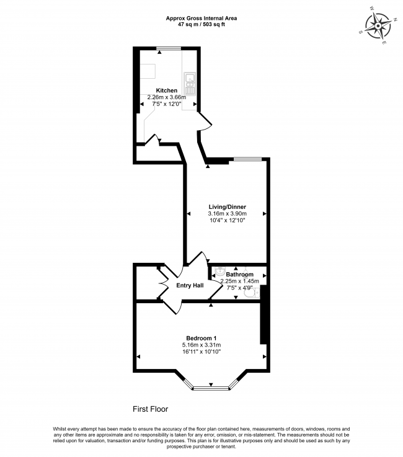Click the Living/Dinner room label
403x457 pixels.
pyautogui.click(x=227, y=208)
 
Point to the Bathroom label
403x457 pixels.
pyautogui.click(x=239, y=274)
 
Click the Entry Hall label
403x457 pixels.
pyautogui.click(x=190, y=285)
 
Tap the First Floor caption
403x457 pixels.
pyautogui.click(x=151, y=409)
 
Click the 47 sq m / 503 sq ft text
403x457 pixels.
pyautogui.click(x=201, y=24)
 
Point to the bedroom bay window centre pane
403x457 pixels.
pyautogui.click(x=211, y=389)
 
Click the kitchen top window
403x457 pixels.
pyautogui.click(x=169, y=48)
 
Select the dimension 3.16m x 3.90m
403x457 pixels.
pyautogui.click(x=227, y=214)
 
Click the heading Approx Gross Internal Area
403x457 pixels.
pyautogui.click(x=201, y=19)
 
